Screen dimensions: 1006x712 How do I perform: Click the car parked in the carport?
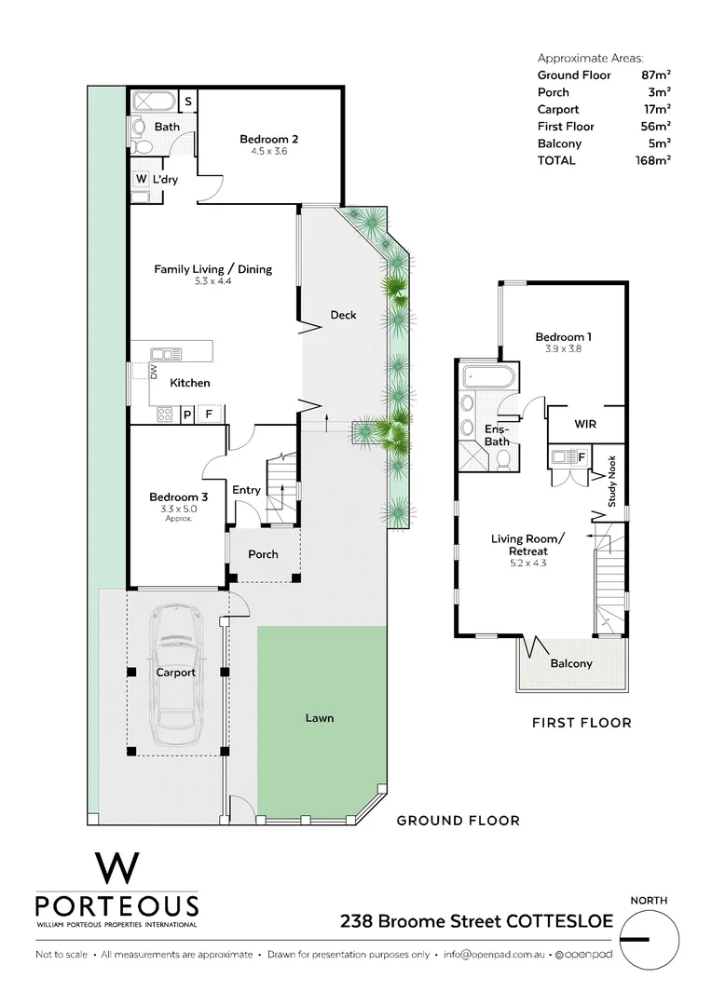pos(175,673)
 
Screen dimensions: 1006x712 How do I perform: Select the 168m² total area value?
pos(655,160)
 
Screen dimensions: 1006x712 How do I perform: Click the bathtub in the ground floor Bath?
pos(151,101)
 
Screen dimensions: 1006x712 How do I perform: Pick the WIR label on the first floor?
pos(585,423)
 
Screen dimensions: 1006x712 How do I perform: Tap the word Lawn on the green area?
pos(320,718)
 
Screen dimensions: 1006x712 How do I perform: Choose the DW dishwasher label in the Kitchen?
pos(155,372)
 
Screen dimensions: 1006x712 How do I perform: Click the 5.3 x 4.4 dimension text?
pos(213,281)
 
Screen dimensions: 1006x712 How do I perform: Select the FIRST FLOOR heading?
pos(582,722)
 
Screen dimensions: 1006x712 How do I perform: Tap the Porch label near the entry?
pos(263,554)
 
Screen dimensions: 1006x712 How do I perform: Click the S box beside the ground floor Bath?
pos(187,101)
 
